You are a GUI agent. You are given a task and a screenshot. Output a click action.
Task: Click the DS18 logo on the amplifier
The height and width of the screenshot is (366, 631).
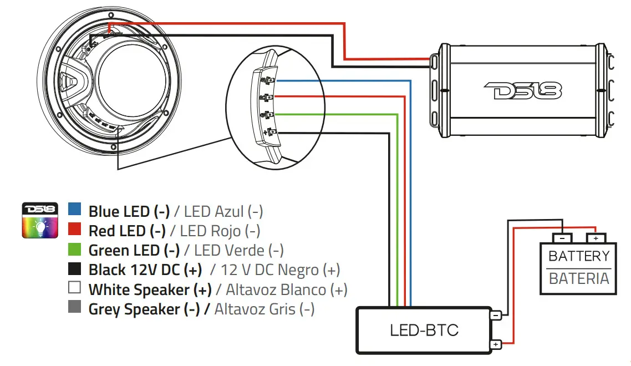pyautogui.click(x=522, y=90)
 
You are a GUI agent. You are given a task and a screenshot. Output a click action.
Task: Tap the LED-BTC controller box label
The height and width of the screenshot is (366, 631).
pyautogui.click(x=424, y=331)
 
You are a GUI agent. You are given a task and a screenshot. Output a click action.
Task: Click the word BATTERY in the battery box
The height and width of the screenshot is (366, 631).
pyautogui.click(x=578, y=256)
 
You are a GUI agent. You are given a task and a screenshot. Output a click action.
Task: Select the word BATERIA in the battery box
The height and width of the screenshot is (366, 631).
pyautogui.click(x=578, y=278)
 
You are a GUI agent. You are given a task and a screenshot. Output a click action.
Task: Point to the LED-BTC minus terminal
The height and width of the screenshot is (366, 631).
pyautogui.click(x=495, y=315)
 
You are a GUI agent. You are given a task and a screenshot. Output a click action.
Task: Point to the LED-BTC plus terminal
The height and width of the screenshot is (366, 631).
pyautogui.click(x=495, y=345)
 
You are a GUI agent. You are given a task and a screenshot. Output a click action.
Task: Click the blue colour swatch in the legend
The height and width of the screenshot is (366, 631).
pyautogui.click(x=75, y=210)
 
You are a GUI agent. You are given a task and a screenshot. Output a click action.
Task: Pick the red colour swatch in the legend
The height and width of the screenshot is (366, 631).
pyautogui.click(x=75, y=229)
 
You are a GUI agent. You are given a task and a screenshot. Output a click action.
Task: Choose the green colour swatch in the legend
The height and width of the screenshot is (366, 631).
pyautogui.click(x=75, y=249)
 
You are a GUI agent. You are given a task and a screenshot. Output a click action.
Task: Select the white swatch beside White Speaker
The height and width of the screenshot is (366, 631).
pyautogui.click(x=75, y=288)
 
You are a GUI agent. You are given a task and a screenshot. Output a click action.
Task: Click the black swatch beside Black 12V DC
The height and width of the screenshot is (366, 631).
pyautogui.click(x=75, y=269)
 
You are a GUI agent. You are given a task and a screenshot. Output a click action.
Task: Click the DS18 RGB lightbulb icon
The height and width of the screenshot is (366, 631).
pyautogui.click(x=40, y=220)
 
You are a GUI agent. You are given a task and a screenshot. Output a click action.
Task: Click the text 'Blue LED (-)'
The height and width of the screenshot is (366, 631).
pyautogui.click(x=129, y=211)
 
